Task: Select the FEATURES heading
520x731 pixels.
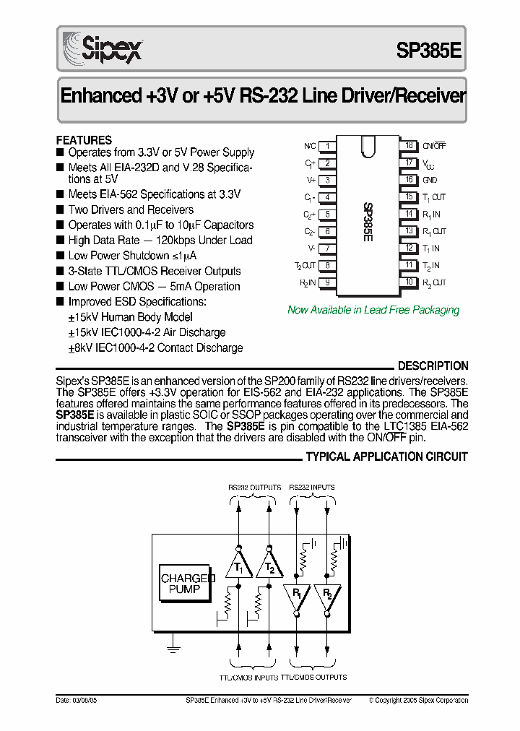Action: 84,140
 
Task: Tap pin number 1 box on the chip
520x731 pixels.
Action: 327,146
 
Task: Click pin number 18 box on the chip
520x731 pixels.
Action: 409,146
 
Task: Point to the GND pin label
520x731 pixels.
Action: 430,180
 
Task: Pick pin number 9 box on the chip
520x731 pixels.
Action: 327,282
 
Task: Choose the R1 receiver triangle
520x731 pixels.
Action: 297,596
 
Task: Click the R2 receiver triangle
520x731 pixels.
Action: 327,596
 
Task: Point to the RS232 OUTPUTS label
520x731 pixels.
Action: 255,488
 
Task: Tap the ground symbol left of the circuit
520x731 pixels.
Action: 173,646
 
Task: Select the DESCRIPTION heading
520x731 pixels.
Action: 433,366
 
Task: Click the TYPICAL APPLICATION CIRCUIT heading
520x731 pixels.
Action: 386,457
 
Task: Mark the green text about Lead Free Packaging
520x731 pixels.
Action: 373,310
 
